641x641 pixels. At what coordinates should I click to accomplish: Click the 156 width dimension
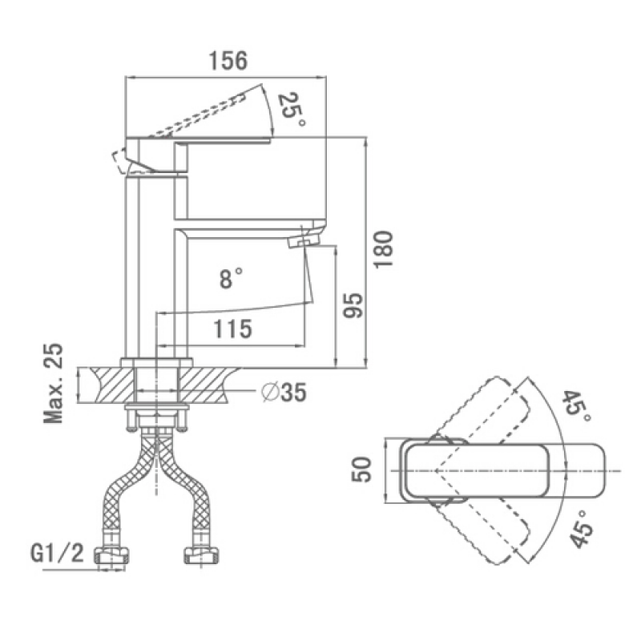(228, 61)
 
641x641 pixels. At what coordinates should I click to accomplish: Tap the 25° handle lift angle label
(291, 110)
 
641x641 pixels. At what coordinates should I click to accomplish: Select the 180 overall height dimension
(384, 249)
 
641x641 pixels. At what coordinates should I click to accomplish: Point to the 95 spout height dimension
(353, 305)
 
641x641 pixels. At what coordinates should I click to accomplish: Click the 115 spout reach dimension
(233, 329)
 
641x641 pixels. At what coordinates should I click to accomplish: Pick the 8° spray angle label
(231, 278)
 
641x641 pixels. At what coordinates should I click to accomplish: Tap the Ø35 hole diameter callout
(284, 393)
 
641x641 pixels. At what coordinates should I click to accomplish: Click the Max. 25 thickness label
(54, 383)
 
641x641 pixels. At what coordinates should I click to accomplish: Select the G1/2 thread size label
(57, 553)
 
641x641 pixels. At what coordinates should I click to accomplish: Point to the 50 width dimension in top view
(361, 470)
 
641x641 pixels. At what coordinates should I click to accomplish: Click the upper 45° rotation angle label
(576, 407)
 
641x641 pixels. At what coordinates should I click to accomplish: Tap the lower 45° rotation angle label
(582, 530)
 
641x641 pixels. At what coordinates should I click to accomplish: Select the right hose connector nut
(201, 555)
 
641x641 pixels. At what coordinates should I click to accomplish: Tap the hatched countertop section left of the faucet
(113, 385)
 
